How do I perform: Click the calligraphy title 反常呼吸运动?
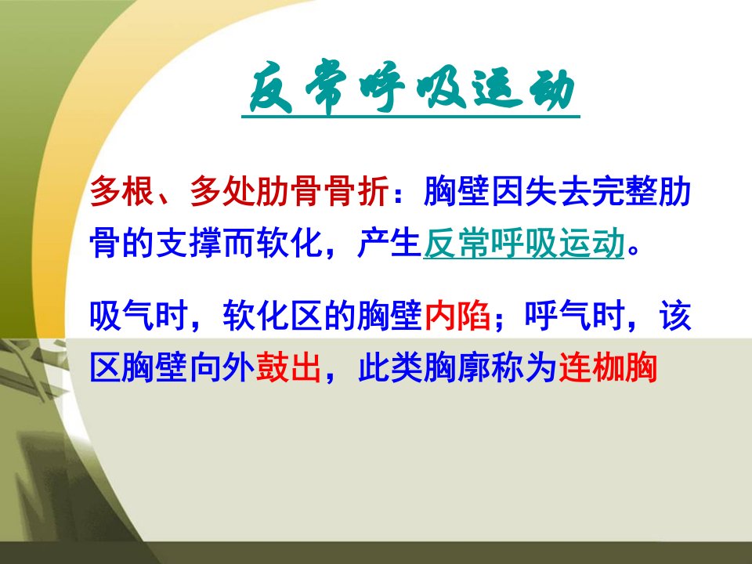(x=411, y=88)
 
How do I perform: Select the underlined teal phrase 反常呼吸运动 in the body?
(x=524, y=243)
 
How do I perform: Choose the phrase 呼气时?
(x=574, y=316)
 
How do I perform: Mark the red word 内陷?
(x=457, y=316)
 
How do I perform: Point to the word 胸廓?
(x=457, y=368)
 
